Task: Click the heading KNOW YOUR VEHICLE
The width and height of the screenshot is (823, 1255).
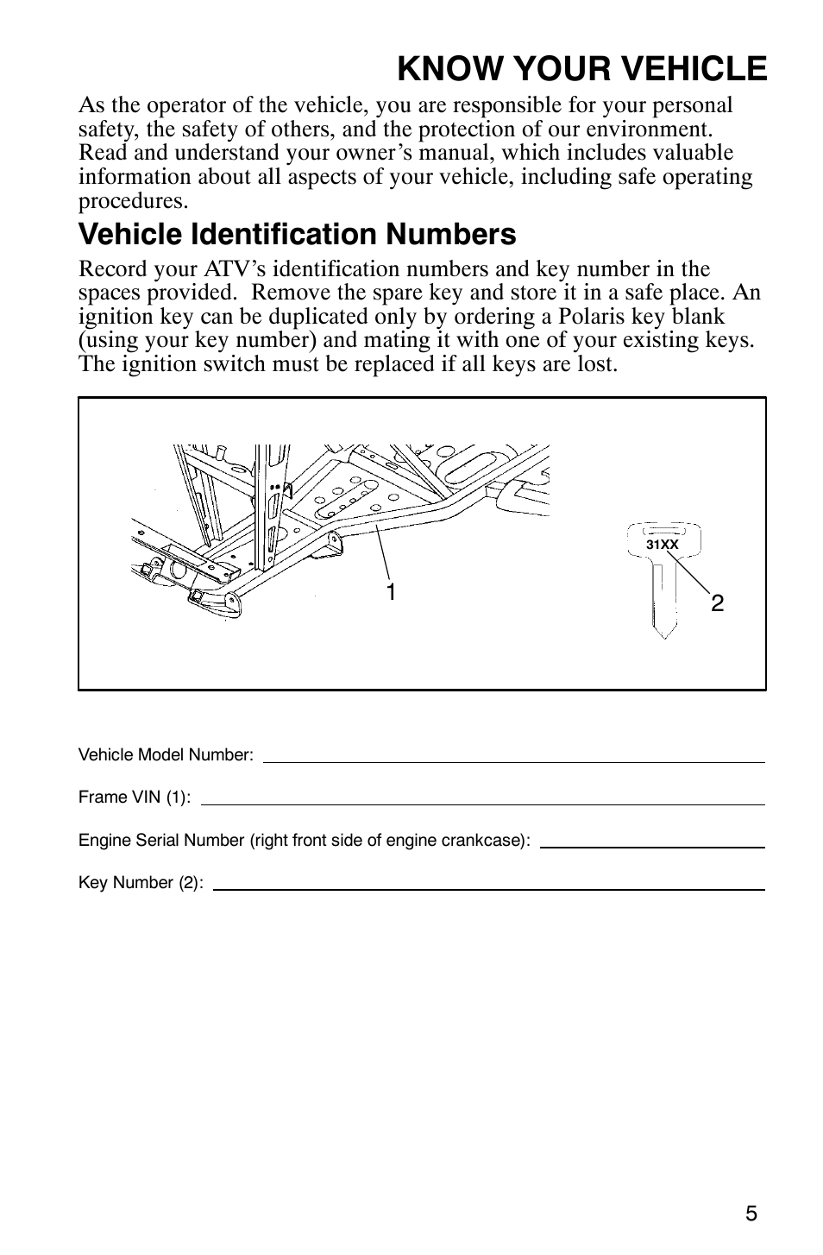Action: click(582, 68)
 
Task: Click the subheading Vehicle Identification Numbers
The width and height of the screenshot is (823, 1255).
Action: click(297, 234)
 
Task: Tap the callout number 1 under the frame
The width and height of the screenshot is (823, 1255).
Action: click(391, 592)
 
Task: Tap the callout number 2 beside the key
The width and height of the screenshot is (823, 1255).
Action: click(717, 603)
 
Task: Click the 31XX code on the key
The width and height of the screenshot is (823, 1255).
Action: click(662, 545)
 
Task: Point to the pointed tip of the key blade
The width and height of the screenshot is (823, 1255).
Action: click(662, 635)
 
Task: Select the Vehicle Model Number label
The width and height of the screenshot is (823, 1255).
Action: click(166, 755)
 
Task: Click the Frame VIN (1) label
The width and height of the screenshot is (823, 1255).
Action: click(135, 798)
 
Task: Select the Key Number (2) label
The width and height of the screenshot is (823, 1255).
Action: click(141, 883)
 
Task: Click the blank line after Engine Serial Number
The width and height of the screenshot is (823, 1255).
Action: click(652, 846)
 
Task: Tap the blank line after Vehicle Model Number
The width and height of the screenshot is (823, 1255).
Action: click(513, 760)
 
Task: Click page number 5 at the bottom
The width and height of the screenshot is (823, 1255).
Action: click(751, 1214)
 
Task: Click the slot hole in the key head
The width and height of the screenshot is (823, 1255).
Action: click(663, 531)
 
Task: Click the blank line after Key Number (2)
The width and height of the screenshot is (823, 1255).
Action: click(488, 888)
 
